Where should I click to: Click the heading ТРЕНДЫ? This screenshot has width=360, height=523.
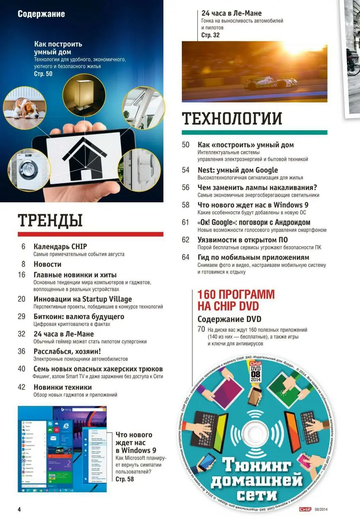tap(50, 221)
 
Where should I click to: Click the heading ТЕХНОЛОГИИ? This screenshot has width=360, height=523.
tap(232, 119)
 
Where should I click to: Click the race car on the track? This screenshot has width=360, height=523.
tap(270, 83)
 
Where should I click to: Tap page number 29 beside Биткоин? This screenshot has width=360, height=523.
tap(22, 317)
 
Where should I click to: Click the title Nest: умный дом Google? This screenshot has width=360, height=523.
tap(238, 170)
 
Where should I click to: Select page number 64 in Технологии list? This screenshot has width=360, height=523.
tap(186, 257)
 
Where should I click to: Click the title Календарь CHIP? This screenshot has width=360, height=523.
tap(60, 247)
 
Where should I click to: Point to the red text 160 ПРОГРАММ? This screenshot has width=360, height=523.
tap(236, 294)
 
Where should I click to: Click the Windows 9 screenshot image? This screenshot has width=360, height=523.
tap(62, 449)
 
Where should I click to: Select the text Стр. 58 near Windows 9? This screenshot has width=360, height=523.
tap(125, 479)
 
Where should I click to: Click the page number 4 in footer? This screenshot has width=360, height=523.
tap(19, 509)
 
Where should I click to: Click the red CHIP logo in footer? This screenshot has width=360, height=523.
tap(305, 509)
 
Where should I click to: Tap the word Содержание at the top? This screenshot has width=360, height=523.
tap(41, 14)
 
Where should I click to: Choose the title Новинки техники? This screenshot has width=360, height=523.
tap(63, 387)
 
